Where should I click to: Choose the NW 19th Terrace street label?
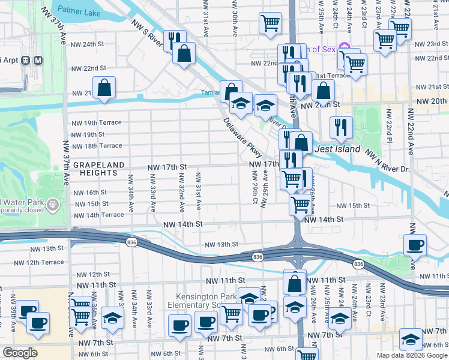96,122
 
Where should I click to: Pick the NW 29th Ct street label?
255,188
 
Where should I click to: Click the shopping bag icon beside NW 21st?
104,88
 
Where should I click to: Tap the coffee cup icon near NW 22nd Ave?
415,244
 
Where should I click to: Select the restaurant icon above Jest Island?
340,126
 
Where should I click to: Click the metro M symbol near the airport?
37,60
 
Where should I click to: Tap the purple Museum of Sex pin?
344,47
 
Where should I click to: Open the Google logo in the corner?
19,353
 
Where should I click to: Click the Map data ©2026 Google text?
411,355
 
